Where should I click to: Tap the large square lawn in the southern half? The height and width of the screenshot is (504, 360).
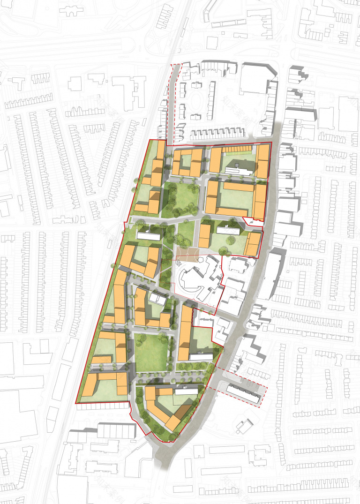[x=151, y=351]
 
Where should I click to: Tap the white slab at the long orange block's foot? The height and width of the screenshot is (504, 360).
[x=201, y=357]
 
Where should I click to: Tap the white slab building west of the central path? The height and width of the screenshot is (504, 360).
[x=147, y=234]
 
